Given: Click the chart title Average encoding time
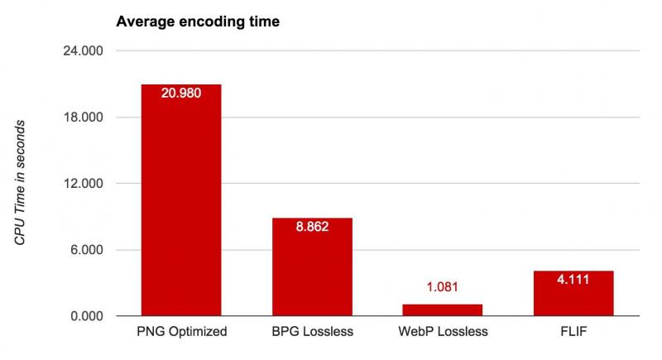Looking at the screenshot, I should tap(198, 22).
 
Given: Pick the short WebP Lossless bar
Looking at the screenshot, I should tap(442, 310).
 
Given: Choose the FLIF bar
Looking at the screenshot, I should tap(573, 294).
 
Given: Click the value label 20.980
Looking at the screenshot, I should tap(181, 92).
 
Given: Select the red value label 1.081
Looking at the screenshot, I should tap(442, 288).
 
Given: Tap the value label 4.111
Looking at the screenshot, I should tap(573, 279).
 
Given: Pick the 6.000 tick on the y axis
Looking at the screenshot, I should tap(86, 250).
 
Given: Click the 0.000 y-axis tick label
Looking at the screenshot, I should tap(86, 316).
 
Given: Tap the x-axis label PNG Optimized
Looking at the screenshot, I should tap(181, 333).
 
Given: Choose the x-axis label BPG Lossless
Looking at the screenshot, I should tap(312, 333).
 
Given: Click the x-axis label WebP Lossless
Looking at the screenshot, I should tap(442, 333).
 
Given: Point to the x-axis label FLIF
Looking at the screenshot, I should tap(573, 333).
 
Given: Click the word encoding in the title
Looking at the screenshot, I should tap(211, 22).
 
